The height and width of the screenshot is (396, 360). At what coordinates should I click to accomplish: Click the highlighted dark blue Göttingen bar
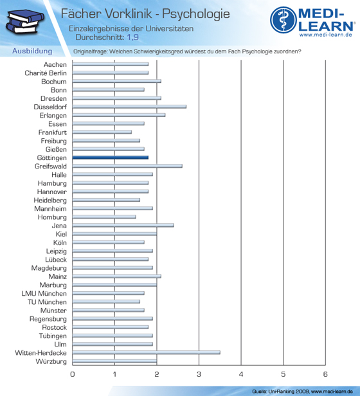coord(111,157)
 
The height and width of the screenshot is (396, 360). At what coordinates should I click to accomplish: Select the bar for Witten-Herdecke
coord(147,352)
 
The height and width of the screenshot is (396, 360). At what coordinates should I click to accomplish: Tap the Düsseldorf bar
coord(129,107)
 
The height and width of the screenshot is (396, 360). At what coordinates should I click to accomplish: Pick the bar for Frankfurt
coord(102,132)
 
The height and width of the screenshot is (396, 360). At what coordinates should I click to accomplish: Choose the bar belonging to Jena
coord(123,225)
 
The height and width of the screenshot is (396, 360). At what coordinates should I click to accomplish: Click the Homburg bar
coord(104,217)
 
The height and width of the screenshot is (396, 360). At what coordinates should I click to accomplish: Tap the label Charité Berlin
coord(46,73)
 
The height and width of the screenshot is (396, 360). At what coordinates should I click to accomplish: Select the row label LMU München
coord(44,293)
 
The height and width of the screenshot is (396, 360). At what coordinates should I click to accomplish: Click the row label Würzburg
coord(51,361)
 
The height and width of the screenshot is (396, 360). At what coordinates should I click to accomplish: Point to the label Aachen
coord(55,65)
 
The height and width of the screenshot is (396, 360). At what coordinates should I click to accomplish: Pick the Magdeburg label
coord(49,268)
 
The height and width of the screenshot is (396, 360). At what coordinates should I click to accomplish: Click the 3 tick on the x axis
coord(199,374)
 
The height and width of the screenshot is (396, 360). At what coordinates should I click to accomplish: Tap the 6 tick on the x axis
coord(325,374)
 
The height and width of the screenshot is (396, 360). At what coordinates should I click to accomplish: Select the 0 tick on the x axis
coord(73,374)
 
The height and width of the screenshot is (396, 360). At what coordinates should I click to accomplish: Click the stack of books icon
coord(24,22)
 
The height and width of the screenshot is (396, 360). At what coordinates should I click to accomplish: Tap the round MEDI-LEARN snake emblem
coord(283,20)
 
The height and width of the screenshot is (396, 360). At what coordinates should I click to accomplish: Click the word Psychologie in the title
coord(196,14)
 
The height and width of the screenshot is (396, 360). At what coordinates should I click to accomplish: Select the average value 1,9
coord(132,37)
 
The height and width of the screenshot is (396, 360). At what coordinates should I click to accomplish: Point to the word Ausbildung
coord(32,51)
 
